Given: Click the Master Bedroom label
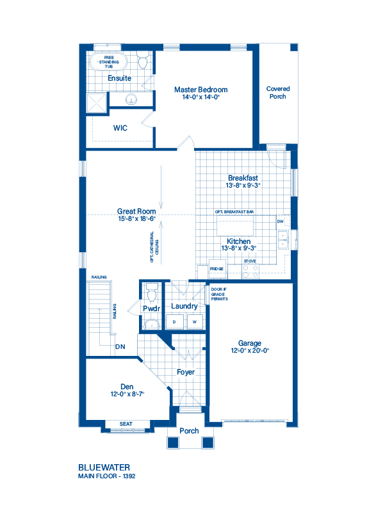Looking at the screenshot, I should click(x=200, y=90).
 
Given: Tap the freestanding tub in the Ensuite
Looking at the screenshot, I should click(x=108, y=62).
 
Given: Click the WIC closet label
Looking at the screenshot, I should click(x=120, y=128).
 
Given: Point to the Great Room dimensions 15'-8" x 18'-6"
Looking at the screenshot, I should click(x=136, y=219).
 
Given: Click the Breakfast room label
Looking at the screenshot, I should click(x=243, y=178).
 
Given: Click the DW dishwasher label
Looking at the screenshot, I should click(x=280, y=221).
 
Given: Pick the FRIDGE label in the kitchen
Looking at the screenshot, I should click(x=216, y=270).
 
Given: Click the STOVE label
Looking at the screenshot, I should click(x=250, y=261).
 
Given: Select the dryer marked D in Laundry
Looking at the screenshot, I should click(x=174, y=321).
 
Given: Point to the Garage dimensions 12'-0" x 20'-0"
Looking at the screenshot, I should click(x=250, y=351).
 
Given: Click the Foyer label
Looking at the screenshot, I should click(x=186, y=372).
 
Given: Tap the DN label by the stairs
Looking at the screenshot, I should click(x=120, y=347).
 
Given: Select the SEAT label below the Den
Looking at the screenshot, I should click(x=126, y=424).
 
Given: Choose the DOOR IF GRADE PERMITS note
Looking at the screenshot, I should click(x=220, y=293).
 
